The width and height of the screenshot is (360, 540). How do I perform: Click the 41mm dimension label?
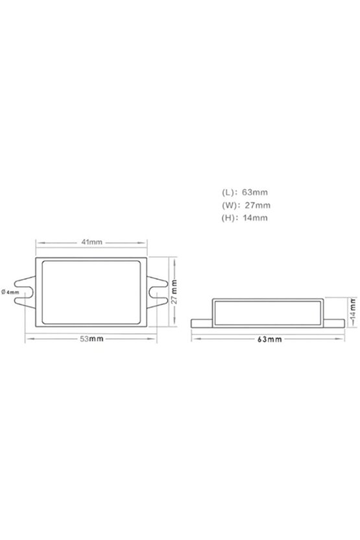click(92, 243)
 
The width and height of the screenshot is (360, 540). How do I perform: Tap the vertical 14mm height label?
click(352, 313)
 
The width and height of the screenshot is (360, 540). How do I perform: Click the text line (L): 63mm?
click(245, 192)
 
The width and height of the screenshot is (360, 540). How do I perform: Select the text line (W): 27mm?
click(245, 205)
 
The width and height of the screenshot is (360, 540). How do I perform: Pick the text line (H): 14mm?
click(245, 218)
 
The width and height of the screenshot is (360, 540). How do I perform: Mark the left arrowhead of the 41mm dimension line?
click(38, 243)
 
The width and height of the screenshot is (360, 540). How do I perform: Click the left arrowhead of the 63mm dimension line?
click(193, 339)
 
